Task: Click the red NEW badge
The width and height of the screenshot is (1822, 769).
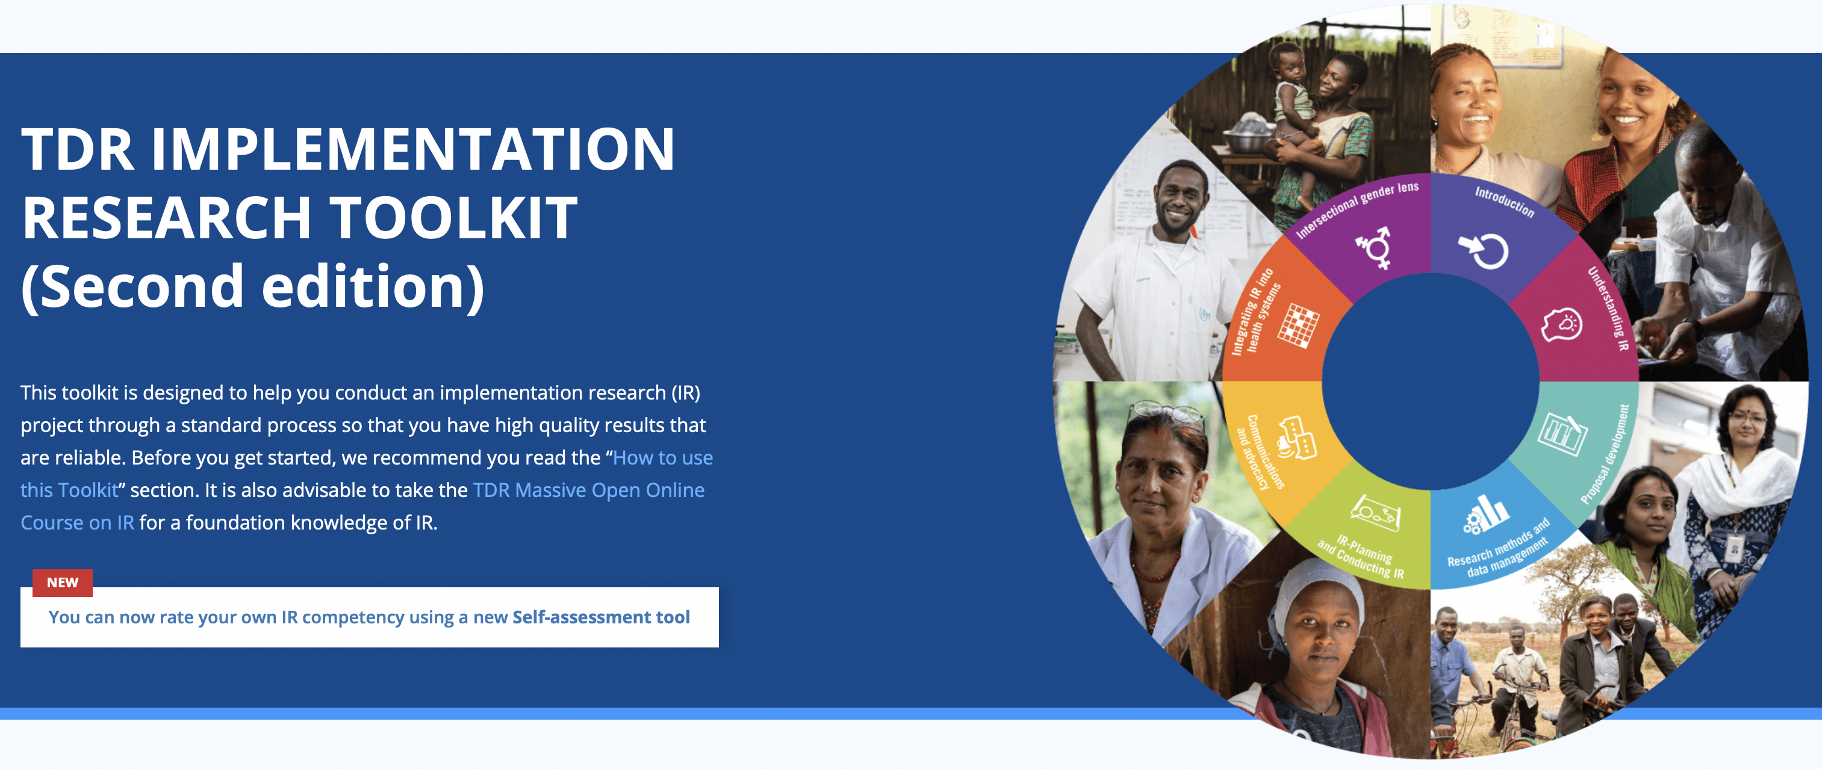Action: pos(62,582)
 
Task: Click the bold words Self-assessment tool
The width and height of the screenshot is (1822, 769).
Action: pos(600,617)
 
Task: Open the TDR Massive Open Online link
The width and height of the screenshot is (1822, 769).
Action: pos(588,490)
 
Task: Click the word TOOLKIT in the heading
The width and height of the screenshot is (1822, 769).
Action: pos(453,217)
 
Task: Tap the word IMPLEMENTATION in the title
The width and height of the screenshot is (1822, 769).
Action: pos(413,149)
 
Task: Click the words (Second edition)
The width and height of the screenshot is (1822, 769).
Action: pos(252,286)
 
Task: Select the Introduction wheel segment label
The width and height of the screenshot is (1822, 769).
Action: pos(1505,202)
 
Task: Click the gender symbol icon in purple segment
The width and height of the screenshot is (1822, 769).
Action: pos(1373,247)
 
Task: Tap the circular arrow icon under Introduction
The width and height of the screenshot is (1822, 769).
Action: pos(1484,251)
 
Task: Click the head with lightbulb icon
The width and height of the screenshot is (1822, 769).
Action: pos(1562,325)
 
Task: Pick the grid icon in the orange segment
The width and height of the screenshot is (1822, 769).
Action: pos(1298,326)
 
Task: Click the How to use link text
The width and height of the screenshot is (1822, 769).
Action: pos(663,457)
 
